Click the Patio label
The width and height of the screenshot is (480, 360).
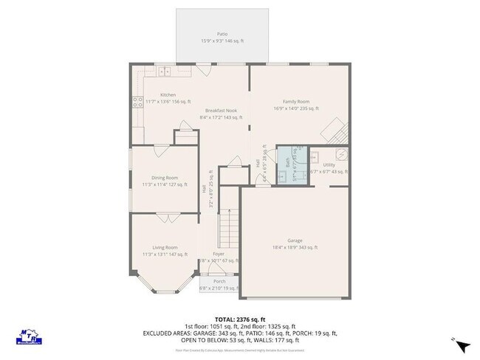click(222, 34)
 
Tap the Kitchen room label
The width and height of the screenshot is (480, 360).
click(168, 94)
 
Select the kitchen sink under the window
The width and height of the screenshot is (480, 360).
click(164, 72)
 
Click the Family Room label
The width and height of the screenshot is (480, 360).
click(295, 102)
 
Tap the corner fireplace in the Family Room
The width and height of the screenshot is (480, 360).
click(337, 131)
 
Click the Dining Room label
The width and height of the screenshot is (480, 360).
click(165, 178)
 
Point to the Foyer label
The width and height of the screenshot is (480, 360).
click(219, 254)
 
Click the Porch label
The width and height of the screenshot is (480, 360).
click(219, 281)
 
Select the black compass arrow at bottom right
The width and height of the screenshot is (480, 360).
click(462, 345)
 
